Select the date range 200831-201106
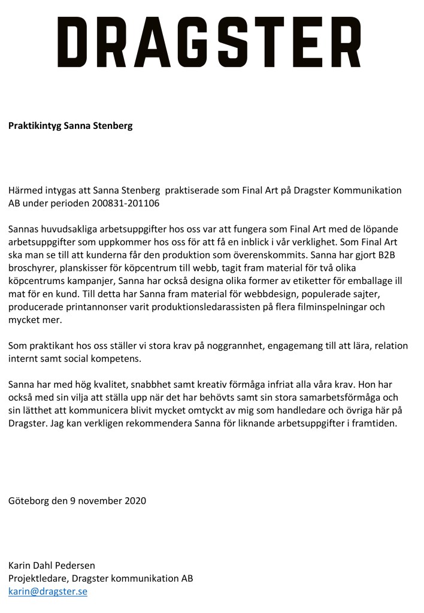point(125,203)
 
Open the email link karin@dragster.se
point(47,591)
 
